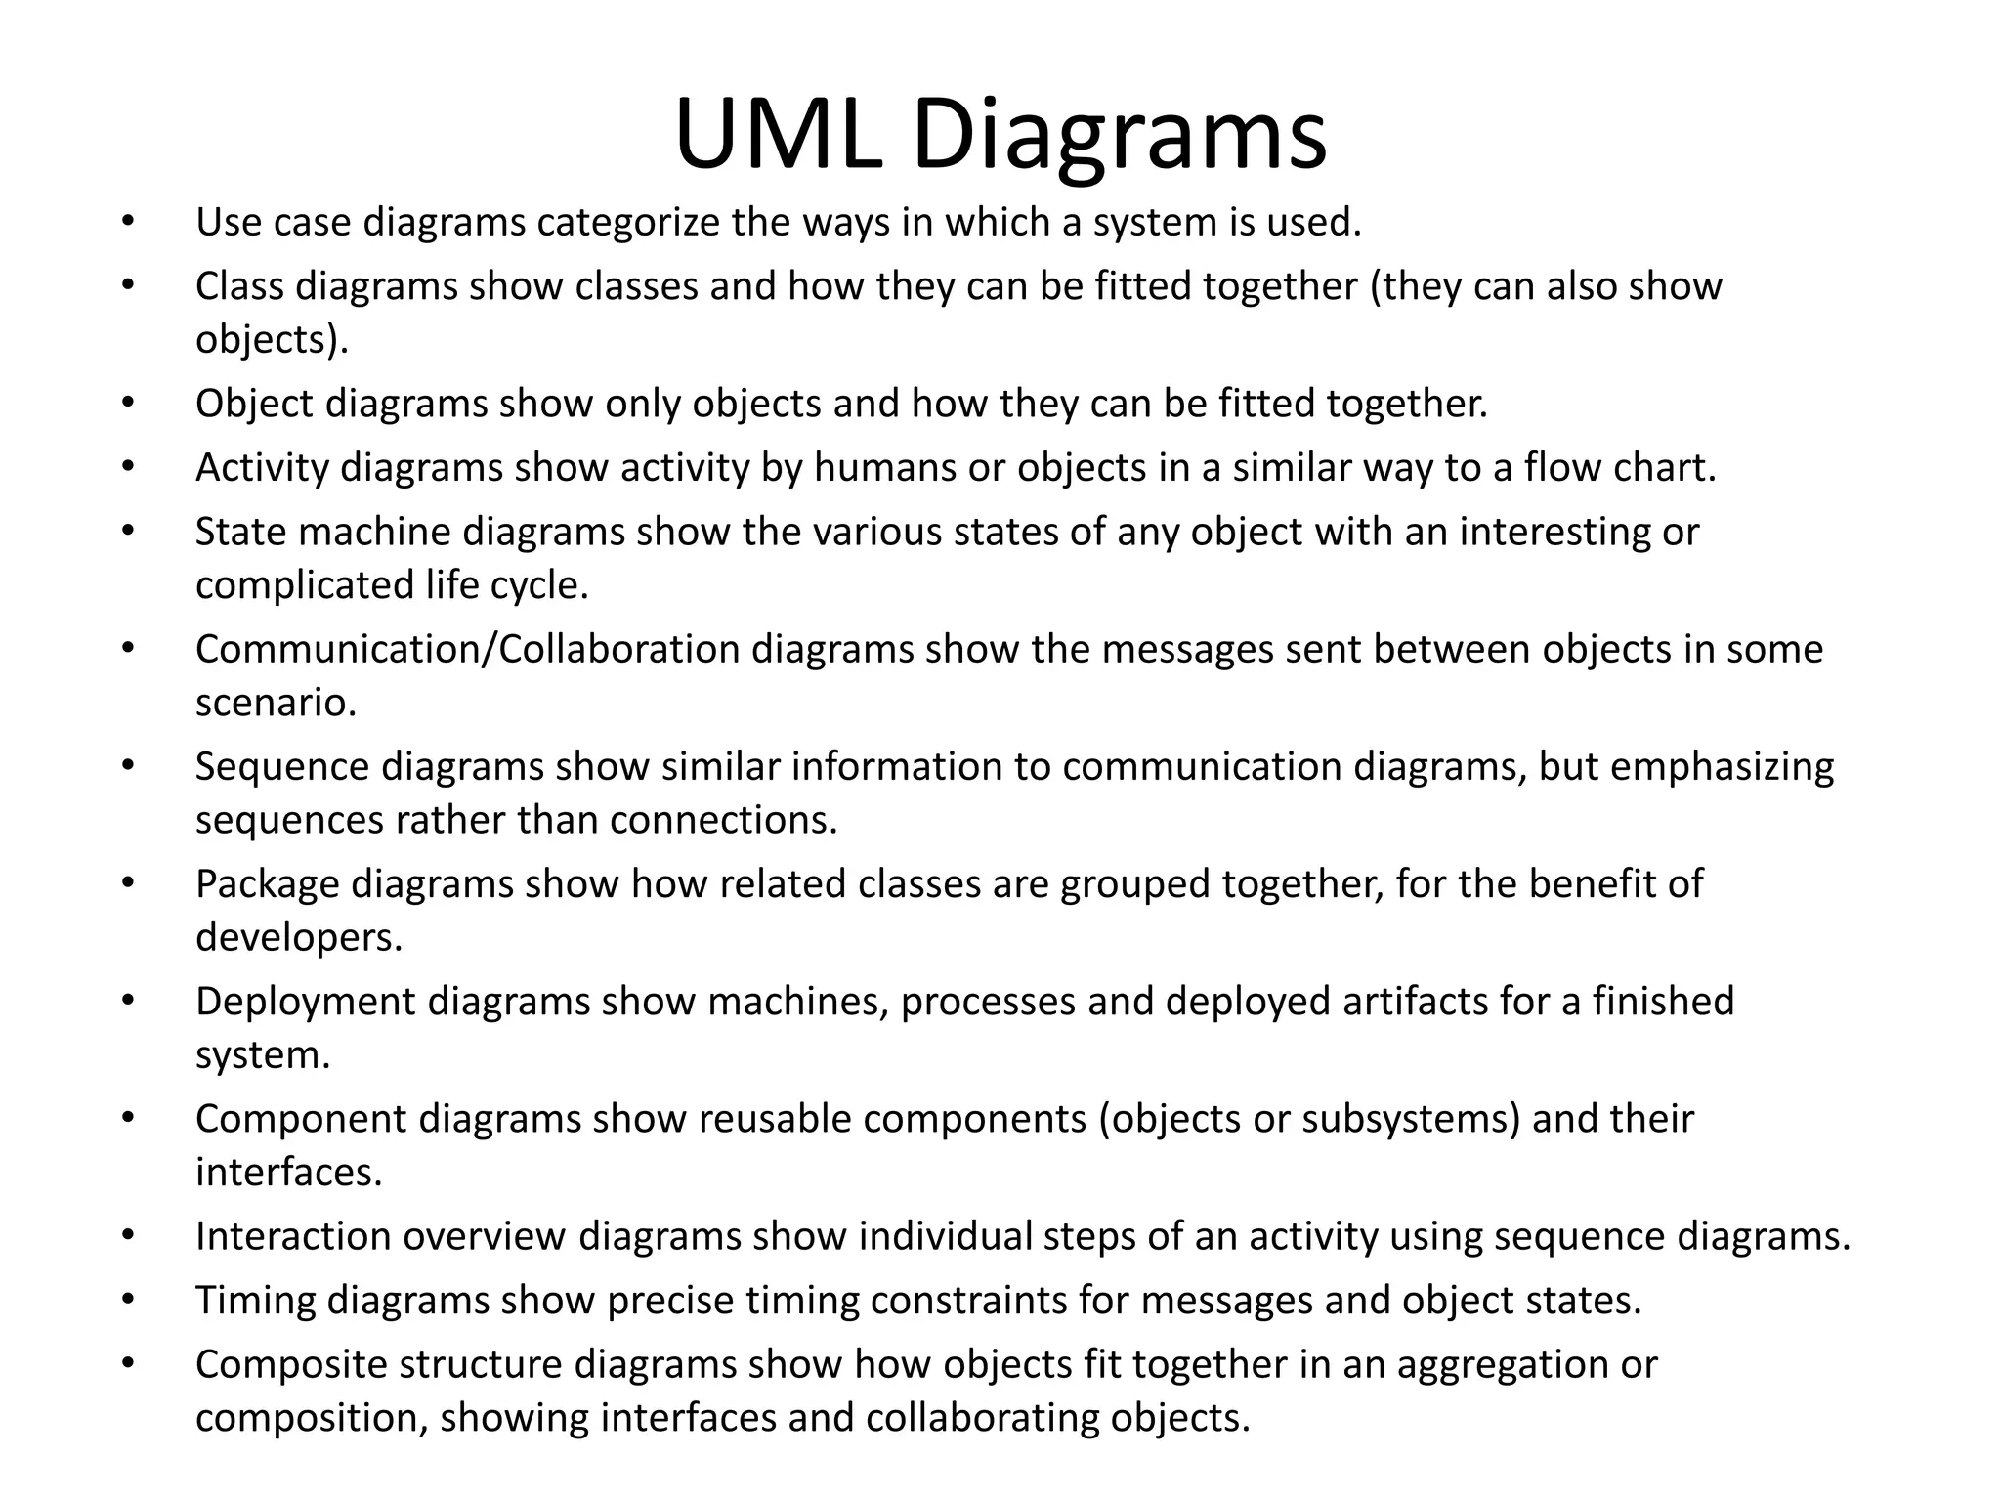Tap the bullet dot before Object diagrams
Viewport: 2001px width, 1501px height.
click(127, 402)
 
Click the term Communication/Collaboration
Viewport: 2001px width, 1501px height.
click(467, 649)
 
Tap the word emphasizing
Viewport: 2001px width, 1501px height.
click(1722, 766)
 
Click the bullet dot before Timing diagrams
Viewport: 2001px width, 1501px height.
click(127, 1300)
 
